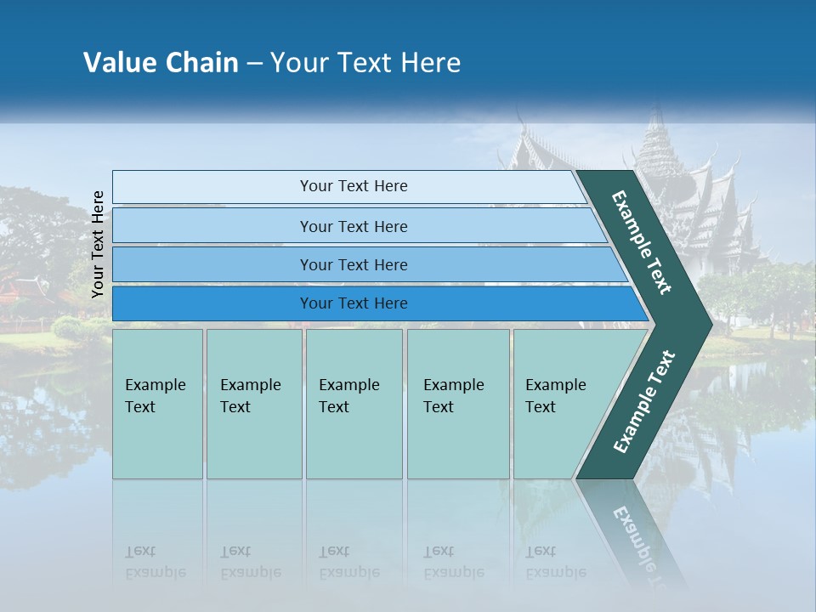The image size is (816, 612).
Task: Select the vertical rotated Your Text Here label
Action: click(98, 244)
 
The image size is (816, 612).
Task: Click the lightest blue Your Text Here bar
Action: click(353, 186)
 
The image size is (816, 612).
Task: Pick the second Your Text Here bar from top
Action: click(353, 226)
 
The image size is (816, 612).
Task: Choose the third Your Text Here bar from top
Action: click(353, 265)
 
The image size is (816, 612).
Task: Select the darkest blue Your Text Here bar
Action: click(353, 303)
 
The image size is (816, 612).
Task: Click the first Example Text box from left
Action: click(157, 404)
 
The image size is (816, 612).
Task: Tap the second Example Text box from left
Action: click(253, 404)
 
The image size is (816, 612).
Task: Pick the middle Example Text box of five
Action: click(354, 404)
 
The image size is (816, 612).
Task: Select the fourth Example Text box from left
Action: click(457, 404)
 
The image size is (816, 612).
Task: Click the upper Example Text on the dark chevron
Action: click(643, 242)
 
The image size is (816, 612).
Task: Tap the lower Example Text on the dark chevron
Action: click(644, 402)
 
